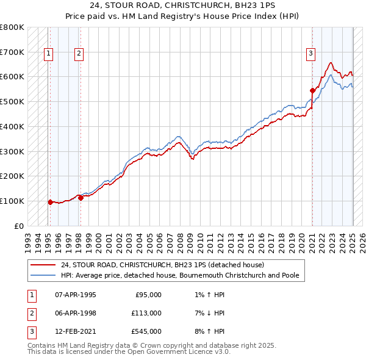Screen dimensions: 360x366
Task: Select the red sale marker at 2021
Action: tap(312, 90)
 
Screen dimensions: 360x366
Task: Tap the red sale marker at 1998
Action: tap(81, 197)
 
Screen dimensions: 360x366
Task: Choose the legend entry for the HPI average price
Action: tap(179, 276)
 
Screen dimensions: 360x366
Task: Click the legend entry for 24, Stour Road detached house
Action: tap(162, 265)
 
